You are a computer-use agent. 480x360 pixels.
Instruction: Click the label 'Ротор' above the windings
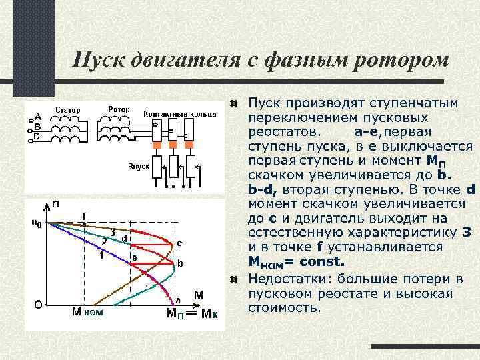pos(119,109)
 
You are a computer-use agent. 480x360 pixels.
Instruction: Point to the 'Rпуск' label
pos(137,166)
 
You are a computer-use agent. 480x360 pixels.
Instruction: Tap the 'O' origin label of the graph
pos(39,304)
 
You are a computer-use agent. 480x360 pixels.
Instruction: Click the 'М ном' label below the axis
pos(87,311)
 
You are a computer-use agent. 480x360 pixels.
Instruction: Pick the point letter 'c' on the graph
pos(179,242)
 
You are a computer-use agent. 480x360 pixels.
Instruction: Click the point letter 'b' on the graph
pos(179,264)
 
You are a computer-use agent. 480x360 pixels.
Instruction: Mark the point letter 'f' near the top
pos(83,215)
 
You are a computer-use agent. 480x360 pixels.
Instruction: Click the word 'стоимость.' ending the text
pos(284,309)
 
